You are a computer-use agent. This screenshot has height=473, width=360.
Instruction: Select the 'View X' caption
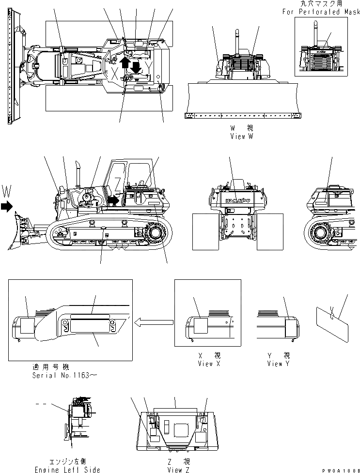click(208, 364)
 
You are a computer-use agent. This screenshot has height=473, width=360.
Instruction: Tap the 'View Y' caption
click(278, 364)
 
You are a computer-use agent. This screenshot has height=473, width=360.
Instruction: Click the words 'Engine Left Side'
click(67, 470)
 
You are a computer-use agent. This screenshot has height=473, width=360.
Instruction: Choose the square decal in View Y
click(292, 326)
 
